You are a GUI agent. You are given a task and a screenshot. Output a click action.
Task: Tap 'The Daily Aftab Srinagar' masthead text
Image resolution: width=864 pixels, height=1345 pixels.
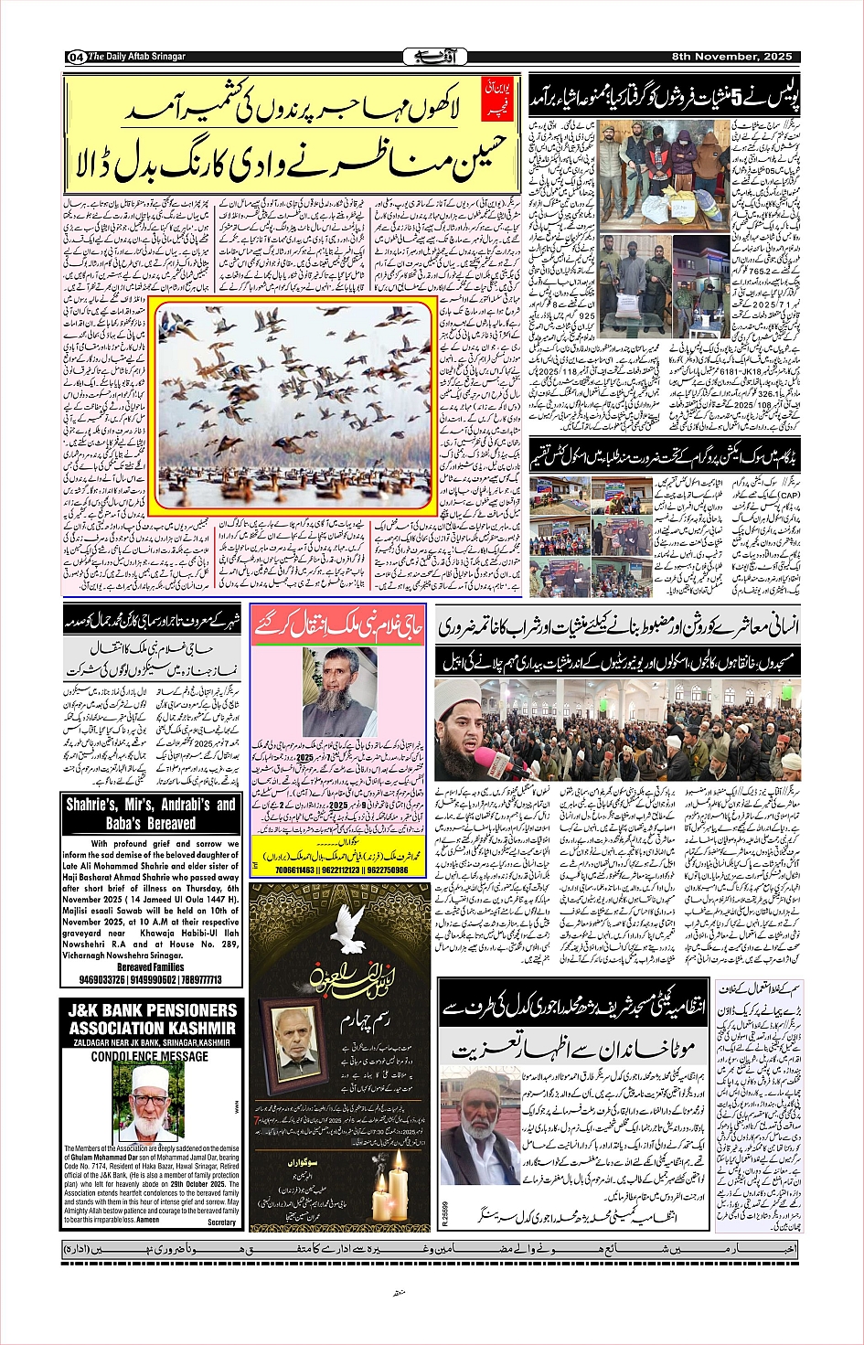136,57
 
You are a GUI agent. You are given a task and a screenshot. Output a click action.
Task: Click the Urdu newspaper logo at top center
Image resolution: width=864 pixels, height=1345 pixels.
432,57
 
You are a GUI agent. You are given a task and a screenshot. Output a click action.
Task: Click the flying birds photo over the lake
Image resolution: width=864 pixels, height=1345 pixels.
293,403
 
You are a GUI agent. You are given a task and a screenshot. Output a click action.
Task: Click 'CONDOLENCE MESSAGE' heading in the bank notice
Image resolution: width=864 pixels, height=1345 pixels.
149,1056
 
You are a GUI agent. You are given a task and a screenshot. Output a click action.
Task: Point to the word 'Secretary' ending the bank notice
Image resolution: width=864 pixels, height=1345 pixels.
221,1222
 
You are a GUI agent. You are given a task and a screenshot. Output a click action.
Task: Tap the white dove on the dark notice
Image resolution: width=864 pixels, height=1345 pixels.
329,919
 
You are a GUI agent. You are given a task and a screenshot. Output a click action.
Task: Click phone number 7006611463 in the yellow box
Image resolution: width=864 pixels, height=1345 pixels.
281,870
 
